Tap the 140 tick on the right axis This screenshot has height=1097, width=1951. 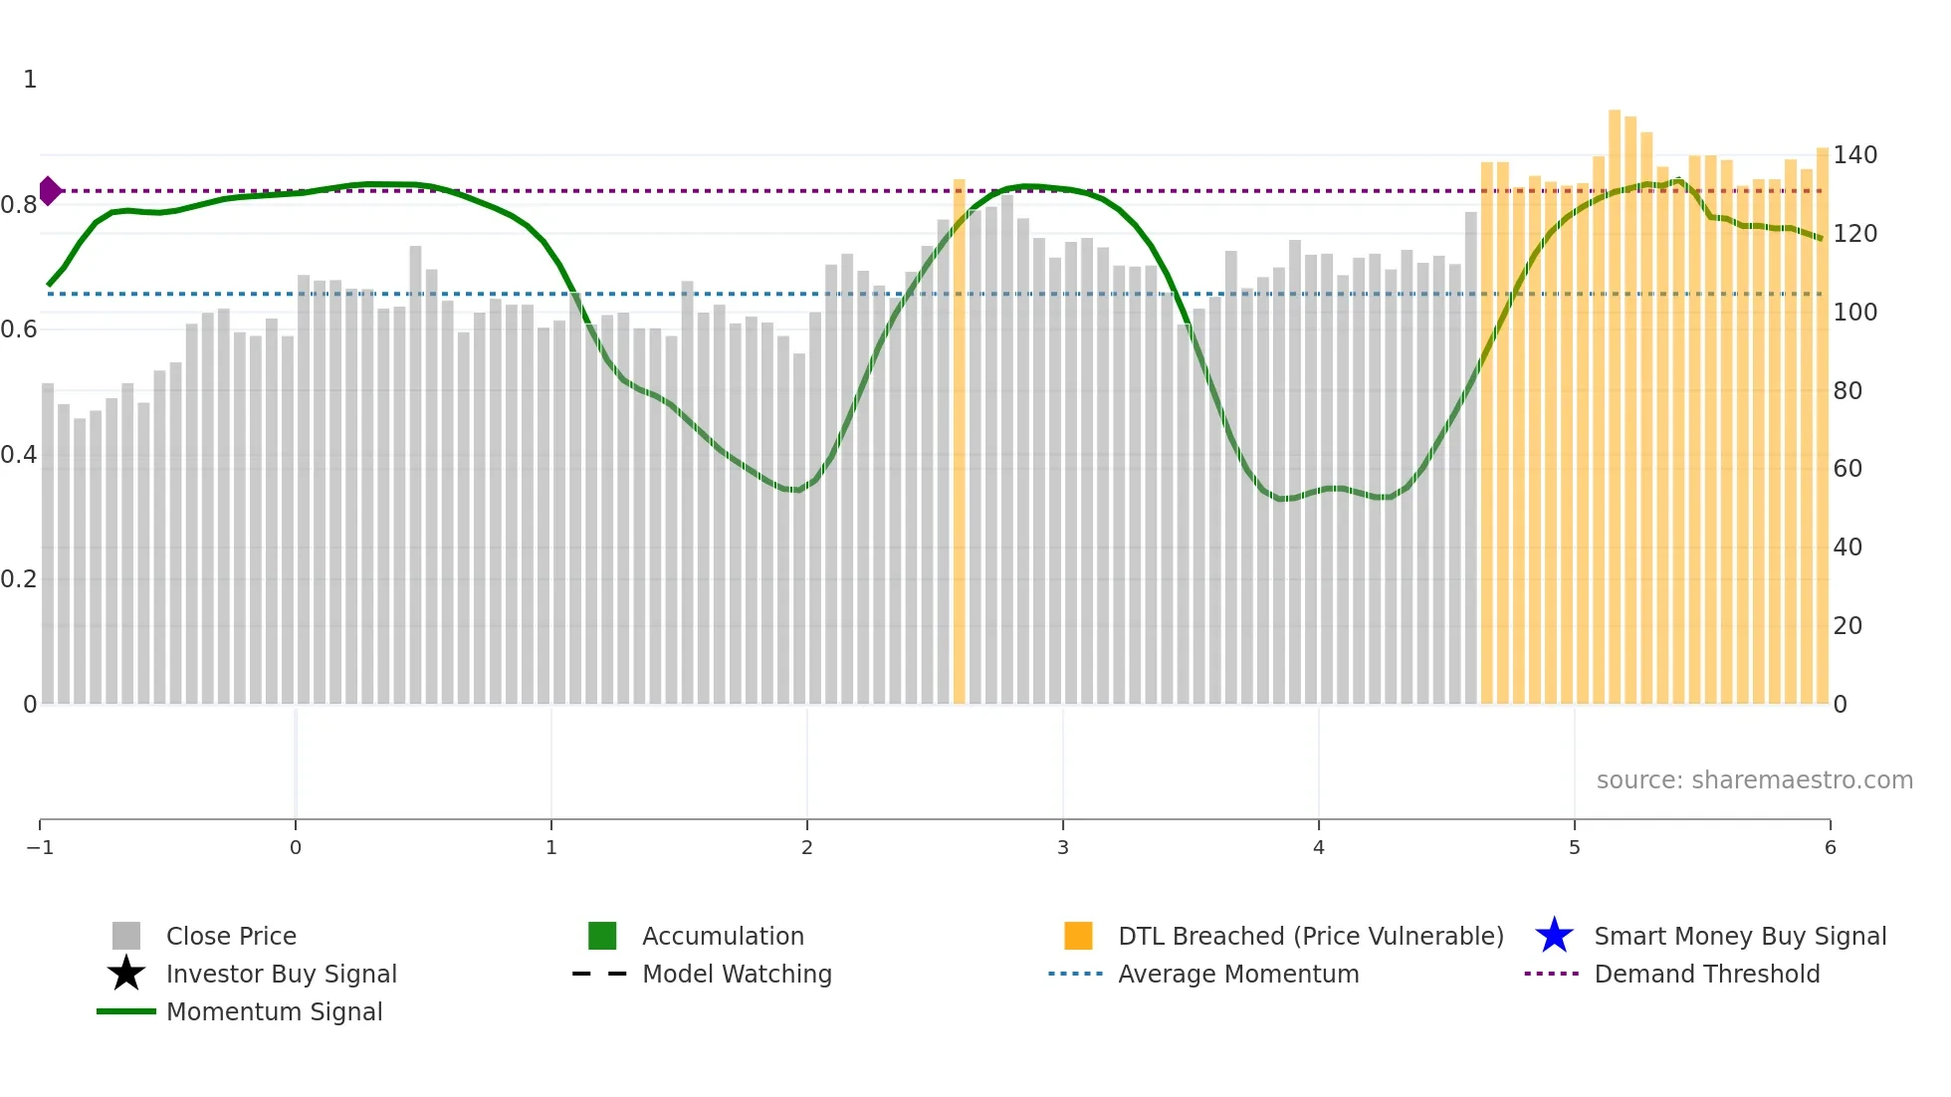coord(1854,155)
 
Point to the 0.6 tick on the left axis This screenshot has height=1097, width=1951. coord(19,329)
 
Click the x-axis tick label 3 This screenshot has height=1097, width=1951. coord(1062,847)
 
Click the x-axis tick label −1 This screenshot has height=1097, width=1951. coord(40,847)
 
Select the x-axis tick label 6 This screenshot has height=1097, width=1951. coord(1830,847)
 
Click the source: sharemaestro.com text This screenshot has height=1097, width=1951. coord(1754,780)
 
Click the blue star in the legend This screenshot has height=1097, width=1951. coord(1554,936)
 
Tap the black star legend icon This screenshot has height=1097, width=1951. coord(126,974)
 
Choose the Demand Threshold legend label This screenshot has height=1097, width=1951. coord(1706,974)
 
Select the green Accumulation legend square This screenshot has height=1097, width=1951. coord(602,936)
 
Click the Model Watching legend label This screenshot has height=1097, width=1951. coord(737,974)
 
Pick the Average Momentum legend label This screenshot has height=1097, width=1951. coord(1238,974)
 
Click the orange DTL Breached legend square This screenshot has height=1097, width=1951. coord(1078,936)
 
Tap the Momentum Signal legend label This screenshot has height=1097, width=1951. coord(274,1011)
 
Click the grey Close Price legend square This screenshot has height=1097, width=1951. coord(126,936)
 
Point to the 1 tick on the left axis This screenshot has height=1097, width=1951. coord(30,80)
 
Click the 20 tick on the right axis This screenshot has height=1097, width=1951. coord(1847,626)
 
